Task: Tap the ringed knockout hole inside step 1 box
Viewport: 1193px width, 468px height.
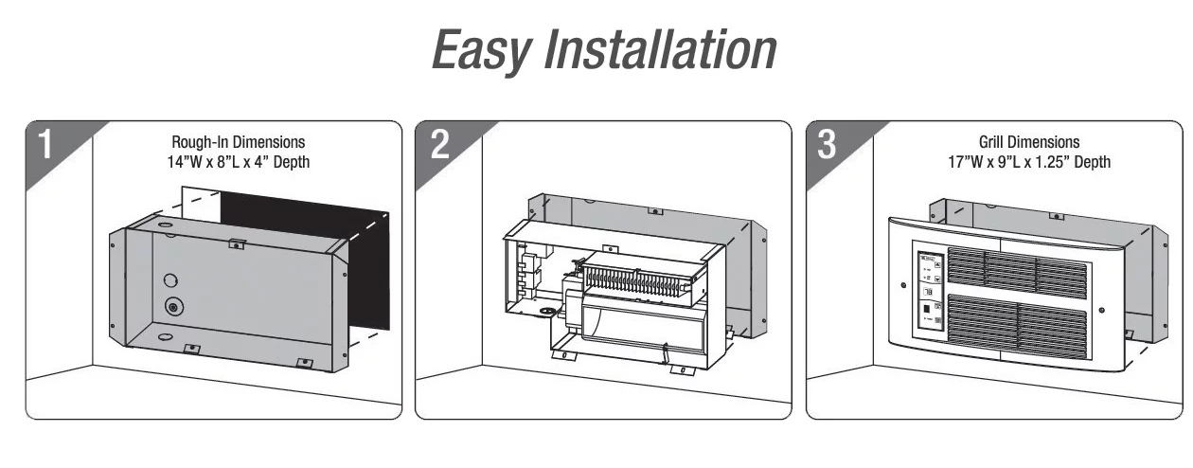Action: [174, 306]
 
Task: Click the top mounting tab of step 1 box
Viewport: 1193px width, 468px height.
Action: [237, 244]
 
